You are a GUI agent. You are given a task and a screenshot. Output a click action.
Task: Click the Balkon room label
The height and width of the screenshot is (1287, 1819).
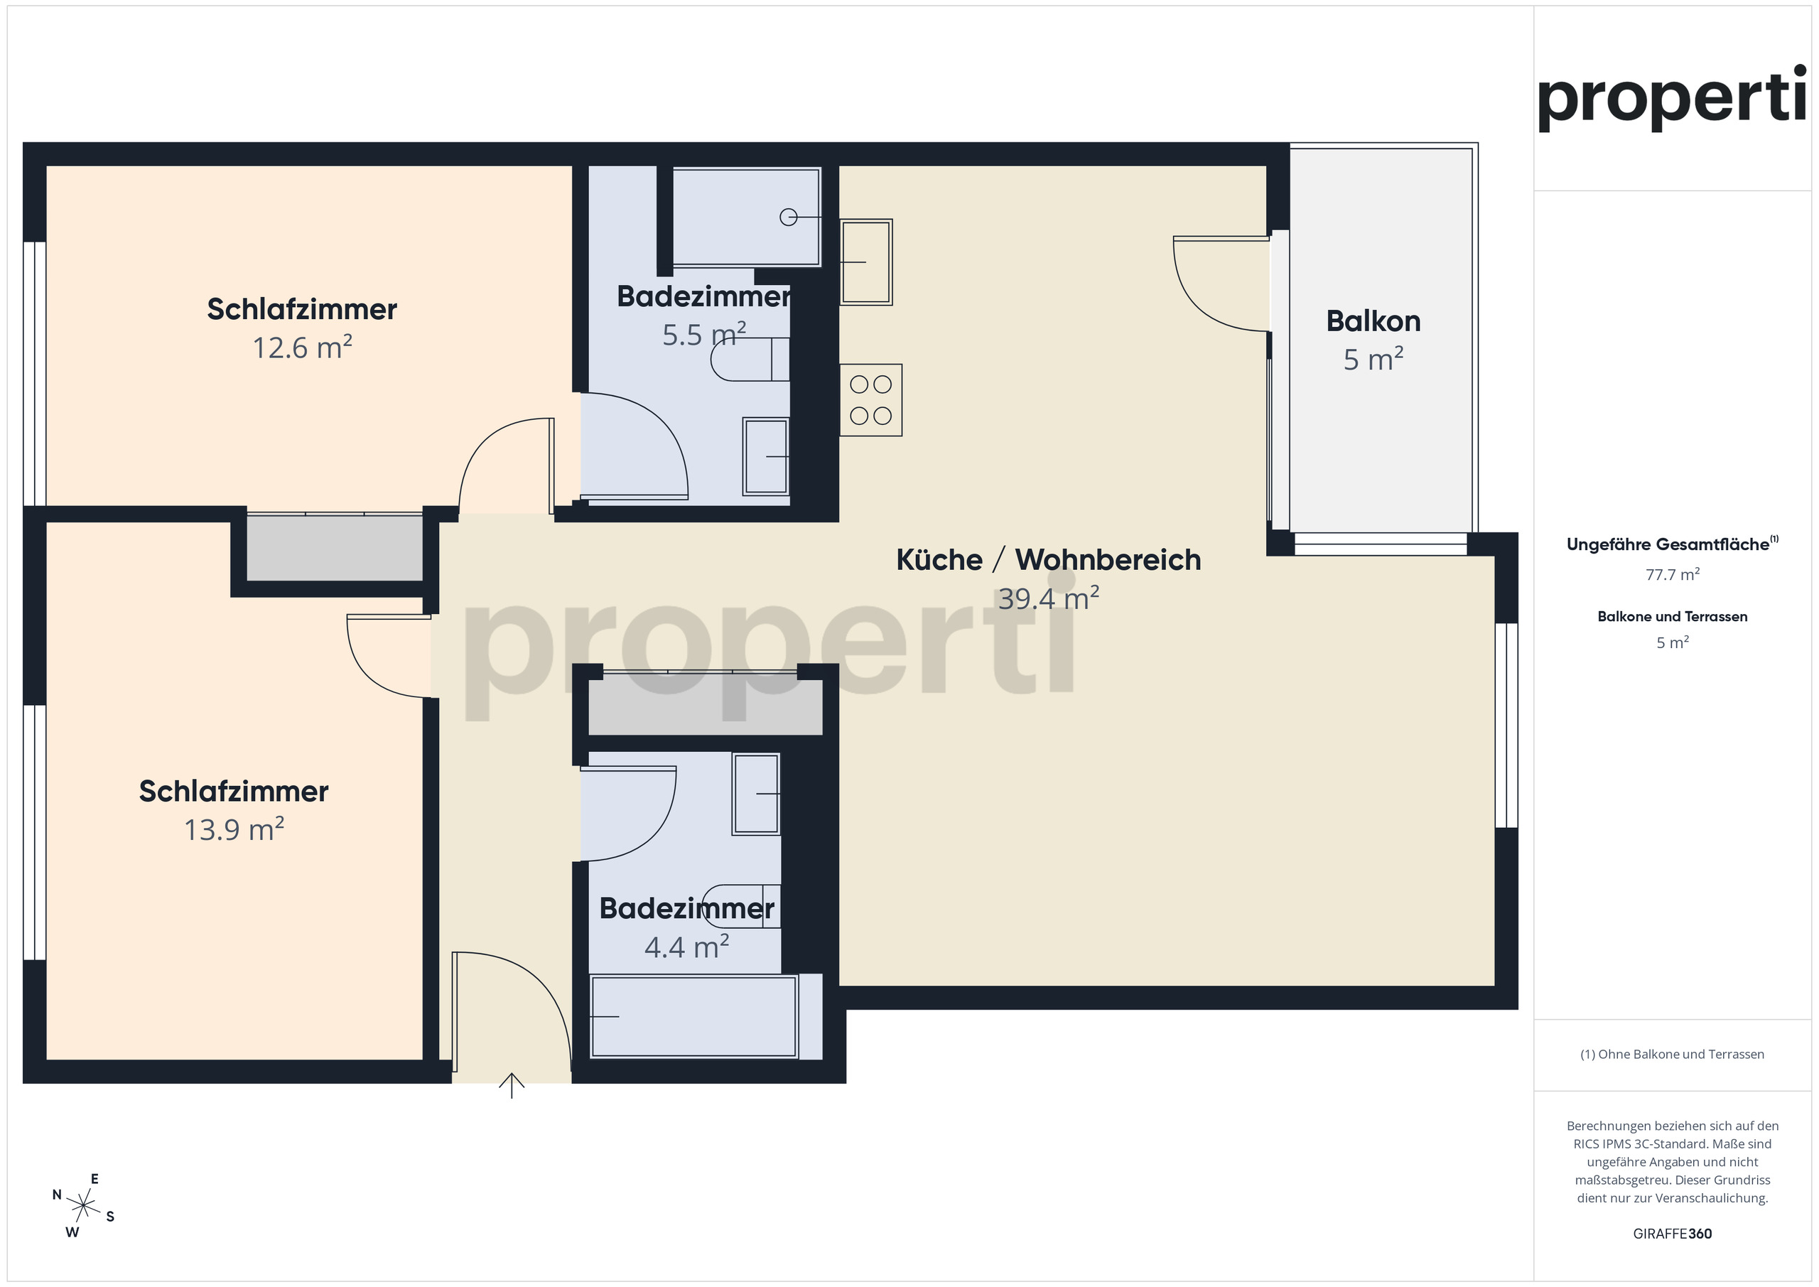[x=1373, y=321]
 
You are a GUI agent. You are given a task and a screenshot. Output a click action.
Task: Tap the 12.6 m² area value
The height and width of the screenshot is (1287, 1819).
[x=302, y=348]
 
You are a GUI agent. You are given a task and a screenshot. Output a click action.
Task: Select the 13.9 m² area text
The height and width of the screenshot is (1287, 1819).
[x=234, y=830]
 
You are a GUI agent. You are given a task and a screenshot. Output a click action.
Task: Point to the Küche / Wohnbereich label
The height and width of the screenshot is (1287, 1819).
[x=1048, y=559]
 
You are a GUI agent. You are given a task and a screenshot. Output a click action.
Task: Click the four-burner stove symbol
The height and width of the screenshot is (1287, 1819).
[x=870, y=399]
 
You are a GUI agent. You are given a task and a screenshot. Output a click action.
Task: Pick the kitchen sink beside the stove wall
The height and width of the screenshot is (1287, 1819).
[x=866, y=262]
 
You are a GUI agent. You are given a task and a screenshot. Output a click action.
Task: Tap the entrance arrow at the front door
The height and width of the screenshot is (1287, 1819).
[x=512, y=1085]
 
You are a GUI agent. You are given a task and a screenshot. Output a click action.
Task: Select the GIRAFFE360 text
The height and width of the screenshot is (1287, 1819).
[x=1672, y=1234]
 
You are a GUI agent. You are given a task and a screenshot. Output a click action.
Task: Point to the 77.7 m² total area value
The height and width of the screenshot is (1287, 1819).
[x=1672, y=574]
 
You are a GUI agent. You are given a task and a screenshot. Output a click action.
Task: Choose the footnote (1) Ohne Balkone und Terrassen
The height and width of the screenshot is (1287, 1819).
[x=1672, y=1054]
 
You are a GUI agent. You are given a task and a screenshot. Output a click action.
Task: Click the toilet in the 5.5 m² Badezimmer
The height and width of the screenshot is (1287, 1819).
[x=750, y=359]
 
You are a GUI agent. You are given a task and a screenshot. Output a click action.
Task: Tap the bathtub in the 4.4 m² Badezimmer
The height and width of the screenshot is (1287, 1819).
[x=693, y=1017]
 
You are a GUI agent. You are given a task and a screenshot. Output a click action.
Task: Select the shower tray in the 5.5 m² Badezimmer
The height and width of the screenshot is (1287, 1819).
[x=746, y=216]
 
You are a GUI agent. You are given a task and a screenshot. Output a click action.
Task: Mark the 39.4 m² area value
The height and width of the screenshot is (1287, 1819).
[x=1048, y=598]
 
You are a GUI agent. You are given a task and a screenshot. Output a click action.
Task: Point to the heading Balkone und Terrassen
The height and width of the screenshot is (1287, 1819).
[x=1672, y=617]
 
